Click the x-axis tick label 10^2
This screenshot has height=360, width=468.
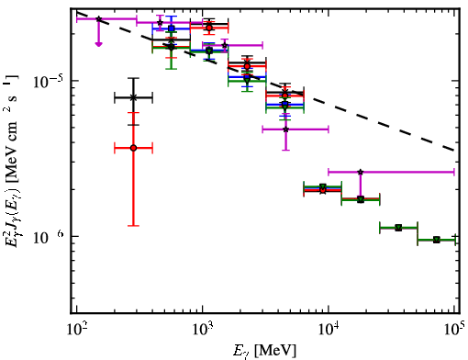click(x=76, y=330)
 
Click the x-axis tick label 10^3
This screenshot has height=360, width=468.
click(x=203, y=330)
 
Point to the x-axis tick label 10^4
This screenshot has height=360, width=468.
click(x=329, y=330)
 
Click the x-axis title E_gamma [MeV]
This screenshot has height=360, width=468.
click(x=264, y=351)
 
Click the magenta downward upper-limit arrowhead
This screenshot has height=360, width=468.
click(x=98, y=44)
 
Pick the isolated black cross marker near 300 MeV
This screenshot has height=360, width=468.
click(x=133, y=98)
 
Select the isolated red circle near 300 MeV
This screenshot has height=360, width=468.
click(x=133, y=148)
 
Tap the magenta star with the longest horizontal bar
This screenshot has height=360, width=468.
click(x=361, y=172)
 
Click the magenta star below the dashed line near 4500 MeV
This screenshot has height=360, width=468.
click(x=285, y=129)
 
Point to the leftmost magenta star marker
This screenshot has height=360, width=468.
click(x=98, y=19)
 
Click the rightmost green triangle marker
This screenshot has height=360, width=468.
click(x=437, y=240)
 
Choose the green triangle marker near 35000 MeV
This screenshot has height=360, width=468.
click(x=398, y=228)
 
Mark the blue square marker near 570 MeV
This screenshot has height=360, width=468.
click(x=172, y=28)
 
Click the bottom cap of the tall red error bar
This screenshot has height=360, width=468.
click(x=133, y=226)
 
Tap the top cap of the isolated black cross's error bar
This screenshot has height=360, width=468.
click(x=133, y=78)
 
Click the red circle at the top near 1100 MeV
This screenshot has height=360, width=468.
click(x=209, y=28)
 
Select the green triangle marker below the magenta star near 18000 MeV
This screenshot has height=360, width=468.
click(x=361, y=200)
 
